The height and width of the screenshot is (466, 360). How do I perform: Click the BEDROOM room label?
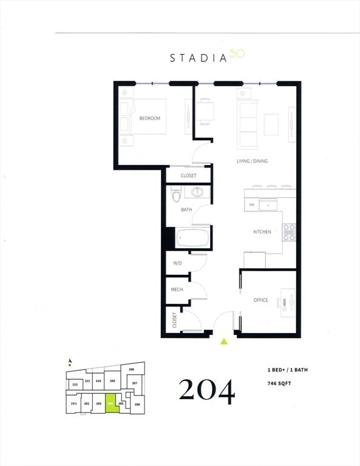pyautogui.click(x=149, y=118)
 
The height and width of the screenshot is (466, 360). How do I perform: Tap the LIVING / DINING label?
pyautogui.click(x=252, y=161)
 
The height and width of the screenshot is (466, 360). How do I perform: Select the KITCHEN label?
pyautogui.click(x=262, y=232)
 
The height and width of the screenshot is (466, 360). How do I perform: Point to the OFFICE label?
pyautogui.click(x=261, y=300)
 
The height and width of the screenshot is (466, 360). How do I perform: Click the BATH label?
pyautogui.click(x=186, y=210)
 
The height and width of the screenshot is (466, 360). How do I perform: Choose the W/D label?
pyautogui.click(x=177, y=263)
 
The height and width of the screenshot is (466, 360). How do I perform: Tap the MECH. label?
pyautogui.click(x=177, y=290)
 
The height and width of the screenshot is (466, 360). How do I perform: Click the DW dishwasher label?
pyautogui.click(x=251, y=205)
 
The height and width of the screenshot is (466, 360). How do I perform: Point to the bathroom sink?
pyautogui.click(x=199, y=193)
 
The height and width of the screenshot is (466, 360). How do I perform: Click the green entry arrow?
pyautogui.click(x=224, y=342)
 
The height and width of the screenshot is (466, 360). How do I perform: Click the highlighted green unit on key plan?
pyautogui.click(x=110, y=404)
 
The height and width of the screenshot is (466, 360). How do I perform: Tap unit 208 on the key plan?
pyautogui.click(x=131, y=369)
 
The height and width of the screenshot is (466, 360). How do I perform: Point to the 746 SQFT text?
pyautogui.click(x=281, y=383)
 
